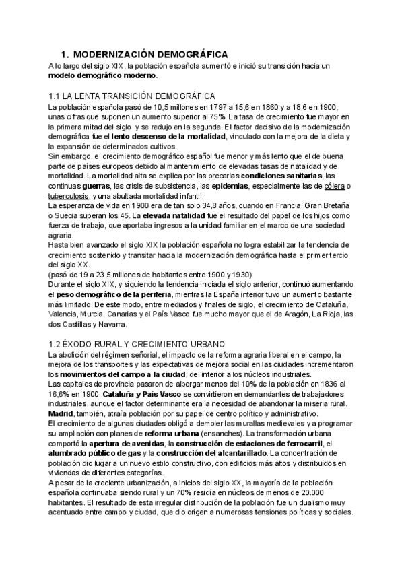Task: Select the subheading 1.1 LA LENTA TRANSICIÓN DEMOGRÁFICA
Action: pos(132,96)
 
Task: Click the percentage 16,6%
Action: pos(59,391)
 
